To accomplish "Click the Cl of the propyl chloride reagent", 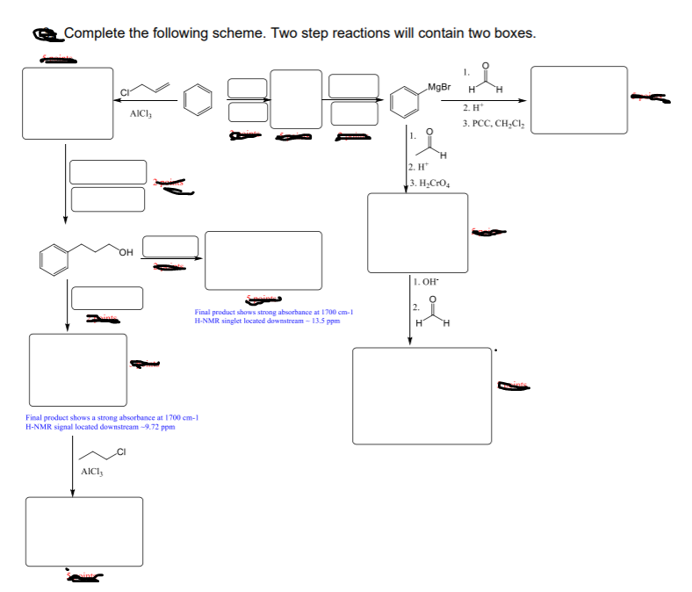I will (x=121, y=452).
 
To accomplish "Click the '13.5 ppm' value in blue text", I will (x=324, y=321).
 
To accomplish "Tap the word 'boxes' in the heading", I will (x=511, y=33).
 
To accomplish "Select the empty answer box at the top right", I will (x=579, y=100).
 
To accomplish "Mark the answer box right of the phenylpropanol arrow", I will (x=263, y=260).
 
